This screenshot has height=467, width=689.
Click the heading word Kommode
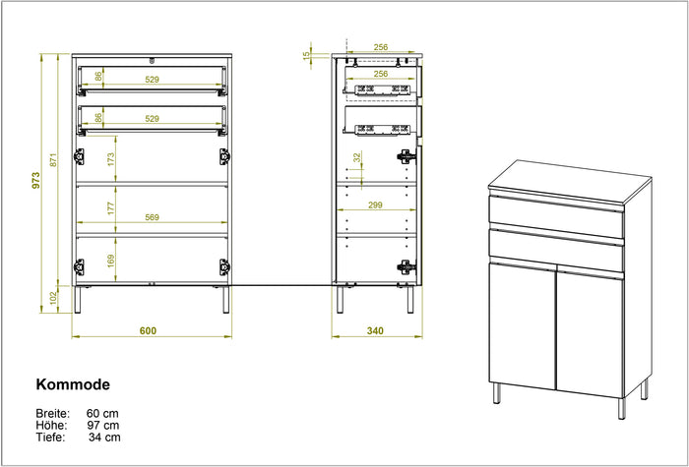click(x=73, y=385)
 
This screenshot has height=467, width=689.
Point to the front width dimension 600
click(x=148, y=330)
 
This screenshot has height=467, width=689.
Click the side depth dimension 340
click(x=374, y=330)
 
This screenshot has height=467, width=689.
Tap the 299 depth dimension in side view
click(x=374, y=206)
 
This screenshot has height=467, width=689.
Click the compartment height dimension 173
click(x=112, y=156)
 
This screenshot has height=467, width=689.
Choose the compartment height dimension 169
click(x=112, y=261)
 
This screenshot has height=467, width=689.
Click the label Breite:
click(x=52, y=412)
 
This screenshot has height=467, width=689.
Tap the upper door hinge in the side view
click(x=405, y=155)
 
